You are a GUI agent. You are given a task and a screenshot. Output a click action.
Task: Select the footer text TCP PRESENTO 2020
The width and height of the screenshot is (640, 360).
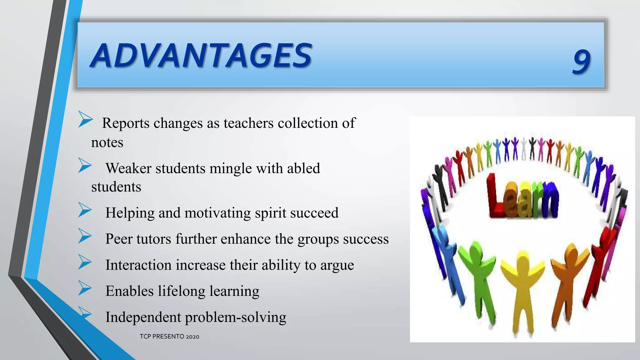pos(169,337)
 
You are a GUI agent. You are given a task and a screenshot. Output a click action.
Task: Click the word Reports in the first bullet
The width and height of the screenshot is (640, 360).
pos(126,123)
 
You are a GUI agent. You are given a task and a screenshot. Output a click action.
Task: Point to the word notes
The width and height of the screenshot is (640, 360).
pos(107,142)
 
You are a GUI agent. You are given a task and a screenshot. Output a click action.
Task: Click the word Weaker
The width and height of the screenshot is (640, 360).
pos(128,168)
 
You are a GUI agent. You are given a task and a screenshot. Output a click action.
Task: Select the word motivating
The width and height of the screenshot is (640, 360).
pos(217,213)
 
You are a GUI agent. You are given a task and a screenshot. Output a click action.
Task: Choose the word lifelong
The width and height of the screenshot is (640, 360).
pos(181,291)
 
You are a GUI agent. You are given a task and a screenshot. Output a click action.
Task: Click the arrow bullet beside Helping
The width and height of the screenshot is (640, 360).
pos(85,210)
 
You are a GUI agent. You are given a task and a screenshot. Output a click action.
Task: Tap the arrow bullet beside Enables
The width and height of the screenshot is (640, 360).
pos(85,288)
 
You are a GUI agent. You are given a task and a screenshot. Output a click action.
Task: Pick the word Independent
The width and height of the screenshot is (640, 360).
pos(143,317)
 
